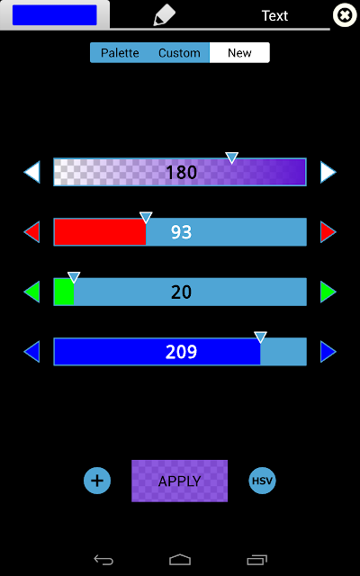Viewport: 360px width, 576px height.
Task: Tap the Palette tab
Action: tap(120, 53)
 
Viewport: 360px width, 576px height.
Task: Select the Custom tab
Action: tap(179, 53)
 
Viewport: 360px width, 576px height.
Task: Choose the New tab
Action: tap(239, 53)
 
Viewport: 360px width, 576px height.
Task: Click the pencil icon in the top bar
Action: tap(164, 15)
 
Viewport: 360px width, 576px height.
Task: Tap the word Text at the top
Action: tap(274, 16)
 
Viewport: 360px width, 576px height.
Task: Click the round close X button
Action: tap(345, 15)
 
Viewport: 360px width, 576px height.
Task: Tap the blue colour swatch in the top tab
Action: tap(55, 15)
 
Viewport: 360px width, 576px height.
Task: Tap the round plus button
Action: tap(97, 481)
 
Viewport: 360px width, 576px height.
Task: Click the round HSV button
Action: tap(262, 481)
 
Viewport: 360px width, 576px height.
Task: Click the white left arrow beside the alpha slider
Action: tap(32, 172)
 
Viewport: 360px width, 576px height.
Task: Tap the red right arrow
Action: tap(328, 232)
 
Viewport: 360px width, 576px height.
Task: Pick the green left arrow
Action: tap(32, 292)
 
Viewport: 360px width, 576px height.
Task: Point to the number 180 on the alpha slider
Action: tap(182, 173)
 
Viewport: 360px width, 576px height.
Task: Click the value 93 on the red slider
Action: tap(182, 232)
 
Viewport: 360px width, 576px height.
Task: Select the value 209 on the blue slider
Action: tap(182, 352)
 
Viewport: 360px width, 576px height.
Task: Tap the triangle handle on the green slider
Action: tap(74, 277)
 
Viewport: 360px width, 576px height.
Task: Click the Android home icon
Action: tap(180, 560)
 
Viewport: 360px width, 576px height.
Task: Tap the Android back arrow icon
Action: tap(103, 560)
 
